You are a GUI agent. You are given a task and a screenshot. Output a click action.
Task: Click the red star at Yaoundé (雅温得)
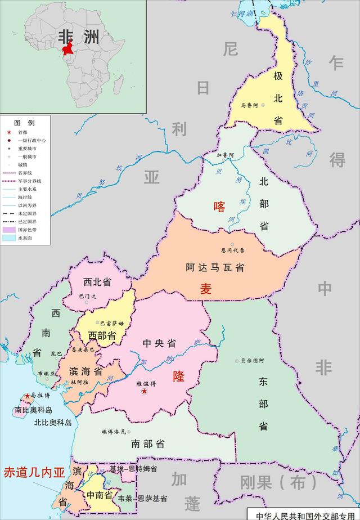[145, 391]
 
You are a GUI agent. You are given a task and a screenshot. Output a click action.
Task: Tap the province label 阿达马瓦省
[215, 268]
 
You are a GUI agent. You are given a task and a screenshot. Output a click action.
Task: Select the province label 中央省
[159, 343]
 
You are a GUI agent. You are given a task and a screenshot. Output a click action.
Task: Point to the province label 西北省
[97, 282]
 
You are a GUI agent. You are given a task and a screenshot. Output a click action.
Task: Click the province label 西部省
[102, 335]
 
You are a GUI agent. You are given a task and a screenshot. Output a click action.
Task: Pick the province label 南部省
[148, 443]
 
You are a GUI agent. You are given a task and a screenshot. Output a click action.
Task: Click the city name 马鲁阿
[249, 105]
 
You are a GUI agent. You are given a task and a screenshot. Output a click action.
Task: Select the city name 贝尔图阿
[253, 360]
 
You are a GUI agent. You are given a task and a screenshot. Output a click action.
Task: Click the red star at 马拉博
[27, 396]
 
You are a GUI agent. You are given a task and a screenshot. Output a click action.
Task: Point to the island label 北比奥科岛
[53, 423]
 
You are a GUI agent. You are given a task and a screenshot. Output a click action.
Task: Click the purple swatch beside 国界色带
[8, 230]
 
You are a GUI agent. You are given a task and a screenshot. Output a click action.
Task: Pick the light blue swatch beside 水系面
[8, 238]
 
